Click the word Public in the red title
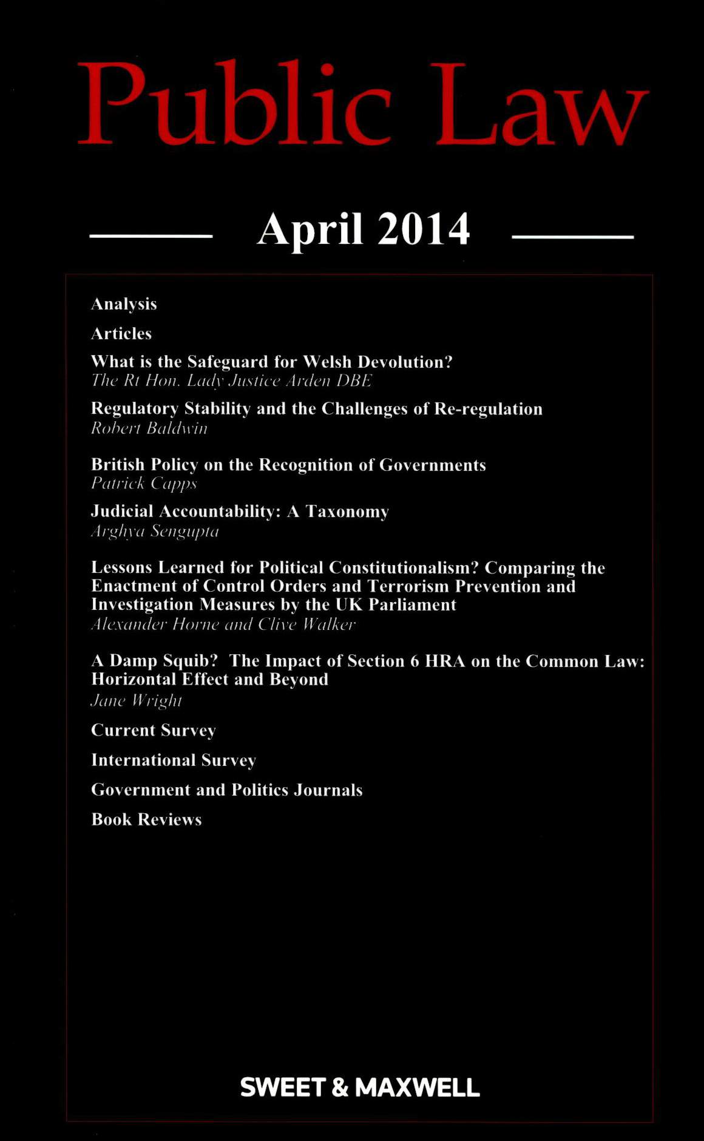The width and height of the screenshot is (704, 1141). (234, 103)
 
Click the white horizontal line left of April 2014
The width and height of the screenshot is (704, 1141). (151, 236)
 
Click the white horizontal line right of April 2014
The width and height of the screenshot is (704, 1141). (572, 237)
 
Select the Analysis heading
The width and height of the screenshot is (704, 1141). (124, 304)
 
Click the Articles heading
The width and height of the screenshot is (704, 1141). (121, 334)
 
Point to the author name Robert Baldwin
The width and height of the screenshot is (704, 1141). (149, 428)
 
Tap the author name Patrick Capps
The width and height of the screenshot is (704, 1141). (144, 484)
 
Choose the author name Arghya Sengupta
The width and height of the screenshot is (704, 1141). (155, 532)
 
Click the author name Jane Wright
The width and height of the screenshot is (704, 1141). (137, 700)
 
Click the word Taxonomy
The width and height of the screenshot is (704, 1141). (347, 512)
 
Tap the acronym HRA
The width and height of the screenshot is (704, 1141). (445, 661)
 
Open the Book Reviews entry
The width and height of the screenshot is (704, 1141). (146, 820)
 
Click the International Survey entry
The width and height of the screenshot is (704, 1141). (174, 760)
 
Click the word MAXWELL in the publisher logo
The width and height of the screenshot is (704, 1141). (417, 1088)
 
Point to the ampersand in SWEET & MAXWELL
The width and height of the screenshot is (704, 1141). (340, 1088)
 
